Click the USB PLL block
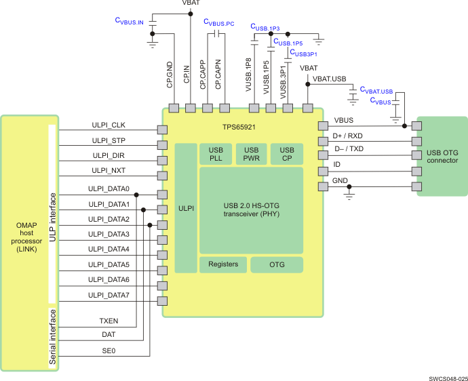215,154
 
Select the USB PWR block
251,154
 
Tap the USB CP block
287,154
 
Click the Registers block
222,264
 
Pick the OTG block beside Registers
277,264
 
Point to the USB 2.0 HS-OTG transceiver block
251,209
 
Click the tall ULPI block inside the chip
185,208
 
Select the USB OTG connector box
441,156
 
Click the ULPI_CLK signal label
108,124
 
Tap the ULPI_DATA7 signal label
109,295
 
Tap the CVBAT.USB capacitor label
376,90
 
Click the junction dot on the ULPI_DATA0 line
136,195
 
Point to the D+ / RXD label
347,136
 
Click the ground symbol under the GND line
349,195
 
